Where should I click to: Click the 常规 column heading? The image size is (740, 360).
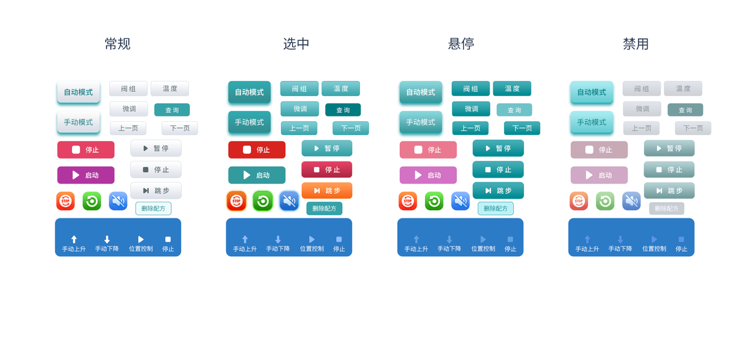pos(118,44)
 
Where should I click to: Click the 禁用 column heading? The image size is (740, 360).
pos(636,44)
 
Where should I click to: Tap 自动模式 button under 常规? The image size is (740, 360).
pos(79,92)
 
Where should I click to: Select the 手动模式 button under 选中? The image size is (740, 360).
pos(249,122)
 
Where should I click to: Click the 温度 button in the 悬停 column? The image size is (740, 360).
pos(512,89)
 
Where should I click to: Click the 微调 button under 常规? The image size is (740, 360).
pos(129,109)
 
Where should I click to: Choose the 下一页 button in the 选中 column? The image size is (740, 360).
pos(350,128)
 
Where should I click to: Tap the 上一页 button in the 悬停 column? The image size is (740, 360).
pos(470,128)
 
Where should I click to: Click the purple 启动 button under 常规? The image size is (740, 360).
pos(86,175)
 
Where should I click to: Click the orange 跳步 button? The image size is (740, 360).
pos(326,191)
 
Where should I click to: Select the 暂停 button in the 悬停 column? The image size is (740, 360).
pos(498,148)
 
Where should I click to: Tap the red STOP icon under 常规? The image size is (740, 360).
pos(65,201)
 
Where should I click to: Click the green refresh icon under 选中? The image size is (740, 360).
pos(263,201)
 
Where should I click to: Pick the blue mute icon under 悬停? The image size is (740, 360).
pos(460,201)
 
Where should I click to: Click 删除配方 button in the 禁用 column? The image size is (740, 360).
pos(666,208)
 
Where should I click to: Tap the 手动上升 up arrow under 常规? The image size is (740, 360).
pos(74,239)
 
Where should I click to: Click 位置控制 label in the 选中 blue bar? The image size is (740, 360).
pos(311,248)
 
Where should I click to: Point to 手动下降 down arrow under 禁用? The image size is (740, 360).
pos(620,239)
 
